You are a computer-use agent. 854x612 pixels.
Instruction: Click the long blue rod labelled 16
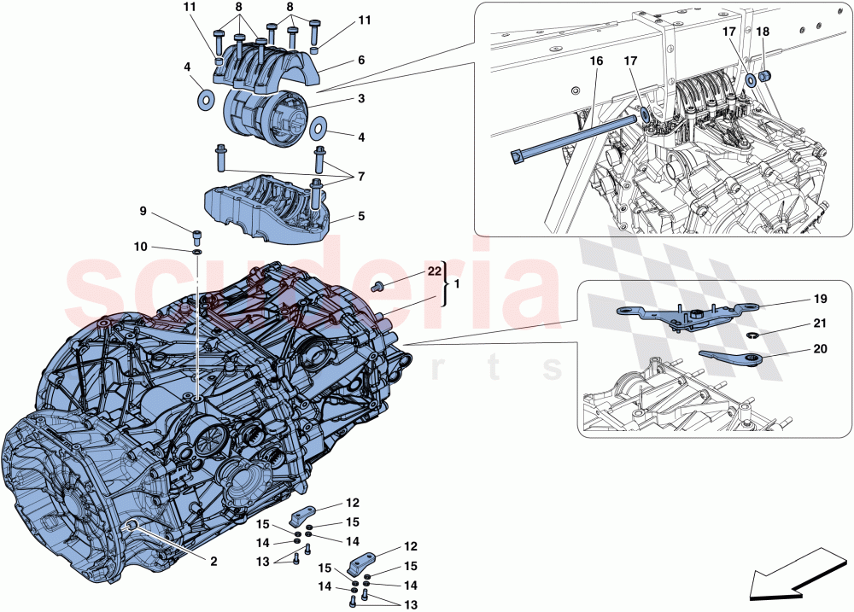point(572,137)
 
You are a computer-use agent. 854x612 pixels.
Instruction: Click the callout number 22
point(434,271)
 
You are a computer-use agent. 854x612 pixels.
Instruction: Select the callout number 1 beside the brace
point(457,283)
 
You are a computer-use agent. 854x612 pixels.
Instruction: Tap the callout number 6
point(360,61)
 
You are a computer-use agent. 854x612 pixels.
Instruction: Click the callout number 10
point(141,247)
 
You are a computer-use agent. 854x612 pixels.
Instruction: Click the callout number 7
point(360,176)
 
